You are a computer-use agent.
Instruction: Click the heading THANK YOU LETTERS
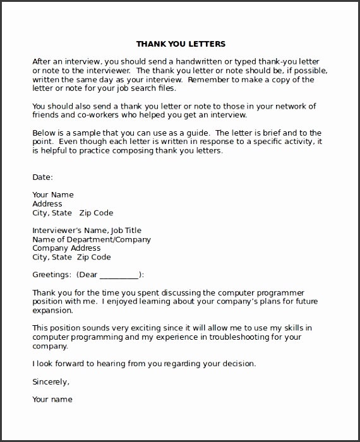181,44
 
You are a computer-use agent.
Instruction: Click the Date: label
42,177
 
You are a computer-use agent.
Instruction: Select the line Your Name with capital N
53,195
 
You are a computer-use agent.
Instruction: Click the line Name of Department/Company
92,240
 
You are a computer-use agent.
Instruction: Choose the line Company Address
66,249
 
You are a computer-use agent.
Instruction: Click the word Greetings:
51,275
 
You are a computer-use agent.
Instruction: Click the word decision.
235,364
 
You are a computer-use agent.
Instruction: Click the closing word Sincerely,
51,381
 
